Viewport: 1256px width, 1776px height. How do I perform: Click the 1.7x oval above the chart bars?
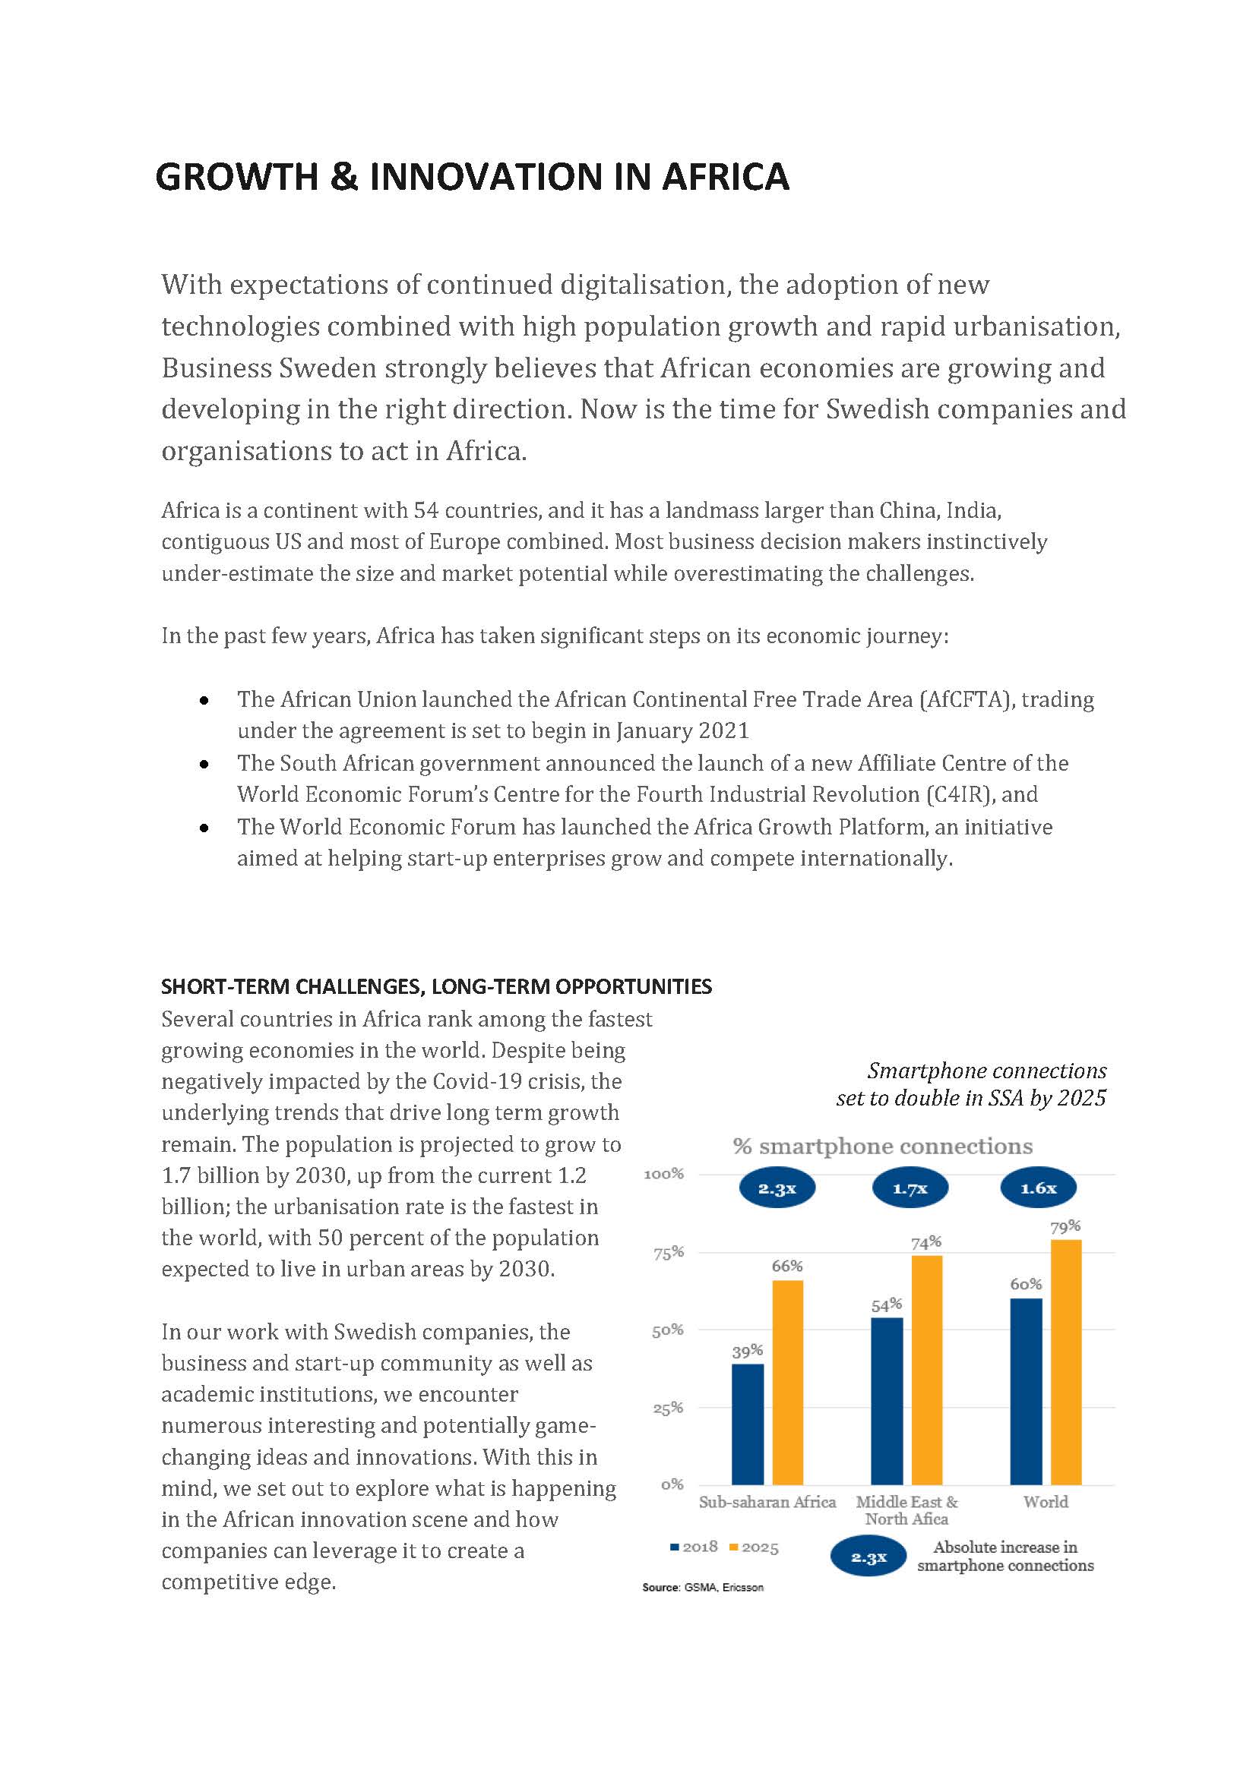[910, 1188]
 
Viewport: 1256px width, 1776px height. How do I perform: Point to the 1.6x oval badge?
[1039, 1188]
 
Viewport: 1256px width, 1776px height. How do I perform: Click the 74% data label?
[925, 1243]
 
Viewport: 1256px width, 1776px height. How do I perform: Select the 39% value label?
[748, 1351]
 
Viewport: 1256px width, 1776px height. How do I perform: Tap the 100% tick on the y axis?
[664, 1174]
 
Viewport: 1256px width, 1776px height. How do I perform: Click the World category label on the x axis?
[1046, 1502]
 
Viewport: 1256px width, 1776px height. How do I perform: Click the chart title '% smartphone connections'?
[882, 1147]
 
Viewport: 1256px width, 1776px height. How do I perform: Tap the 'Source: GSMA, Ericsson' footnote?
[703, 1587]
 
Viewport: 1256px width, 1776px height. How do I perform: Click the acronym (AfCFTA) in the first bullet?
[967, 699]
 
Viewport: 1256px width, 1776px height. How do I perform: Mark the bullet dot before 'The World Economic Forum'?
[204, 828]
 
